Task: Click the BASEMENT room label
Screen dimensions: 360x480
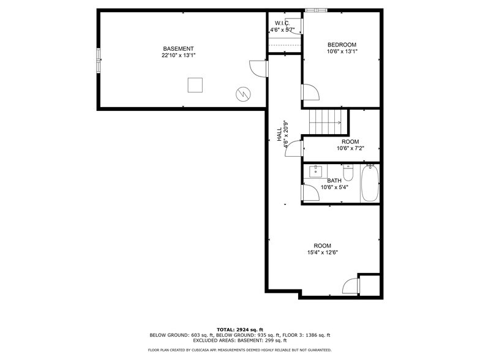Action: tap(178, 49)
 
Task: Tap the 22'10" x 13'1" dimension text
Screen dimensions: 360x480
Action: tap(178, 56)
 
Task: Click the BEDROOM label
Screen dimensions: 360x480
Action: tap(342, 45)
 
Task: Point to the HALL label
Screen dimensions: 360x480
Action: tap(279, 135)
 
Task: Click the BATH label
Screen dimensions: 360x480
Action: tap(334, 181)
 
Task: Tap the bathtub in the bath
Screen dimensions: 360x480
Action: tap(370, 183)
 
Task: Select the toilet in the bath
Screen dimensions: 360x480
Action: tap(348, 170)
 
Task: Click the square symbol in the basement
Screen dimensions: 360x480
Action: tap(195, 84)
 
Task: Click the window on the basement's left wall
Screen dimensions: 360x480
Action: tap(97, 61)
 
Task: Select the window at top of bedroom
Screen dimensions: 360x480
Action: tap(317, 10)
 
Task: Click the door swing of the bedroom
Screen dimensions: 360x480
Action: tap(309, 93)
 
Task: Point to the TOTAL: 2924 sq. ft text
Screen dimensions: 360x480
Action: tap(239, 329)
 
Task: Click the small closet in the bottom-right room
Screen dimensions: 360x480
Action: tap(369, 285)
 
